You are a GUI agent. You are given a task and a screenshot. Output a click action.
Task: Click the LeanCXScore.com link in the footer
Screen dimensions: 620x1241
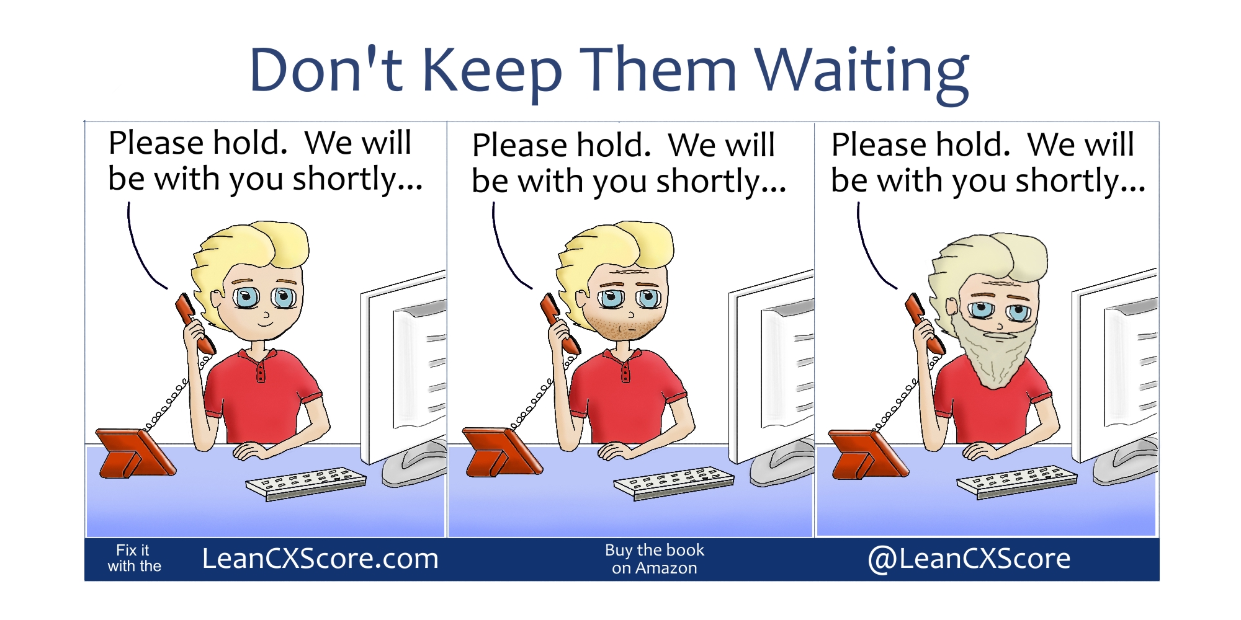320,559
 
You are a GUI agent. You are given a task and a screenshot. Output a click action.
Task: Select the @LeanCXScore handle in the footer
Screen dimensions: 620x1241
969,559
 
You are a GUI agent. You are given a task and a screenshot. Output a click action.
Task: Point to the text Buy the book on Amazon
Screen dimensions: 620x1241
654,559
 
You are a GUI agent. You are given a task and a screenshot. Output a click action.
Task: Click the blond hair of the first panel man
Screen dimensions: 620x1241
254,248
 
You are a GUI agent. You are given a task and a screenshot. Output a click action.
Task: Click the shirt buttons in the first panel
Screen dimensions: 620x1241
261,371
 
